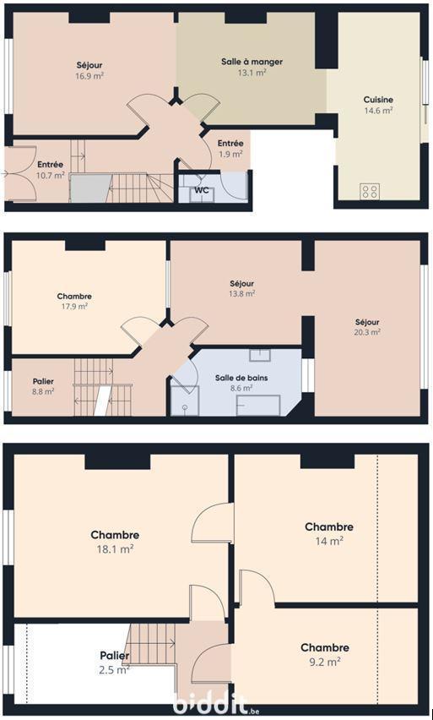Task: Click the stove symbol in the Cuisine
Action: [369, 192]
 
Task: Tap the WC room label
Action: [202, 190]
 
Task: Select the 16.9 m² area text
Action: [89, 76]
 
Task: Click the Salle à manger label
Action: [252, 62]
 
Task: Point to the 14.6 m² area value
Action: [378, 111]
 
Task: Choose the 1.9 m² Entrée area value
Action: [230, 155]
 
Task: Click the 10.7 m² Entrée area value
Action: [51, 175]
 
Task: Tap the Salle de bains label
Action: [241, 378]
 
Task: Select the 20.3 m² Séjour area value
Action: [367, 332]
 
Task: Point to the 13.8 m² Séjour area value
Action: [242, 293]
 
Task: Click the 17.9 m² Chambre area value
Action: [74, 306]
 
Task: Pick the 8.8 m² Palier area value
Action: [44, 391]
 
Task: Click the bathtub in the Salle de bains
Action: [257, 405]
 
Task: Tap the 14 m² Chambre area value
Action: [329, 541]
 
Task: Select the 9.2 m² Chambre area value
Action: [325, 662]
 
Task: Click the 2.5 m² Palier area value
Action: [115, 670]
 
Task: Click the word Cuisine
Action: [378, 100]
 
